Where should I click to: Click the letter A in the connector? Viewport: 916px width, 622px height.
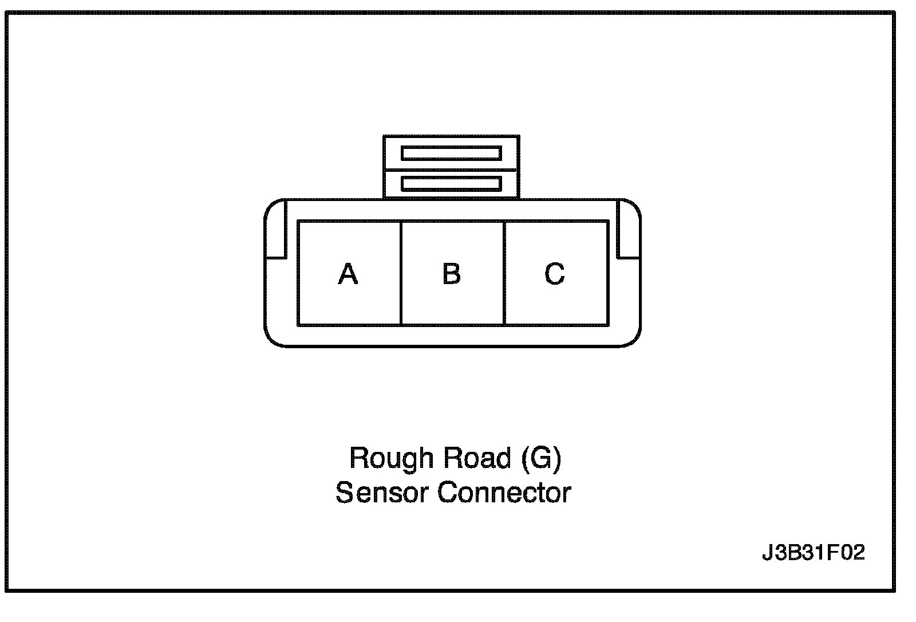pos(348,274)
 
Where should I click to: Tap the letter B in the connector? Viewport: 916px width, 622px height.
pos(452,274)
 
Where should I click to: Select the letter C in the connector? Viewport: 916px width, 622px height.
pos(554,274)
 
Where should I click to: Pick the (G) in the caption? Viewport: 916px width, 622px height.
pos(541,459)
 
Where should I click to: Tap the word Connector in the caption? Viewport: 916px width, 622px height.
pos(504,493)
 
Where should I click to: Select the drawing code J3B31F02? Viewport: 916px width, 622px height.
pos(813,553)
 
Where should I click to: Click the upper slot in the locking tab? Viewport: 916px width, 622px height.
pos(451,153)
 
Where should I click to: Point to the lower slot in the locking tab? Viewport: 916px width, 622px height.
pos(451,184)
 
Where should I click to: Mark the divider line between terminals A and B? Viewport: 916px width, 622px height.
pos(401,274)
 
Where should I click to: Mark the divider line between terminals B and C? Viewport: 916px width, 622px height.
pos(504,274)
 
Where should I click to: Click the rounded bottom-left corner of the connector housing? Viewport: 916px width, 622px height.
pos(272,338)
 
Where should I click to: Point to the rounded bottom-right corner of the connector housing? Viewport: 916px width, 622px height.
pos(633,338)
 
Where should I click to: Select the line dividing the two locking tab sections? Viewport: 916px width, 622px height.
pos(451,170)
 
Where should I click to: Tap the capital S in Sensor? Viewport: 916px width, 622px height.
pos(343,493)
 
